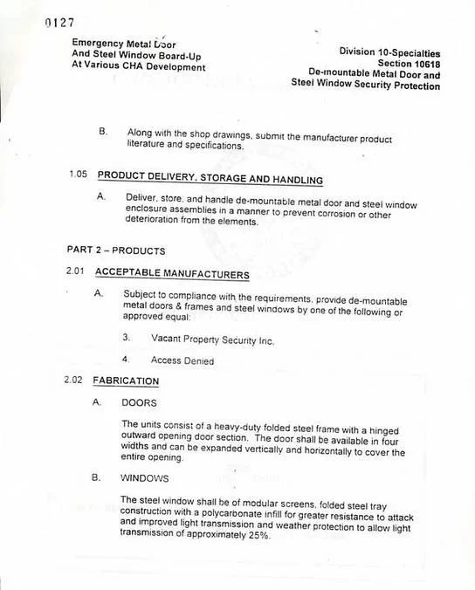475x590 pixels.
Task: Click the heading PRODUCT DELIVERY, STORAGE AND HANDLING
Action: tap(210, 179)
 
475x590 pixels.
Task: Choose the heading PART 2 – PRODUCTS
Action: tap(116, 250)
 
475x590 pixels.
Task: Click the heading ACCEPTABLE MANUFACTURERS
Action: tap(173, 275)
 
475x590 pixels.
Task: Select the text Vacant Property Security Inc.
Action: tap(212, 340)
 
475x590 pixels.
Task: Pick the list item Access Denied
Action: tap(183, 360)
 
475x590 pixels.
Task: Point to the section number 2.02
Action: tap(75, 381)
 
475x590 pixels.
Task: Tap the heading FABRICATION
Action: tap(127, 381)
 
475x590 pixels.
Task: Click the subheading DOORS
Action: tap(138, 403)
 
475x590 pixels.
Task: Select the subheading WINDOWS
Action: tap(146, 479)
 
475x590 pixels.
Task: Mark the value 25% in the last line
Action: tap(258, 536)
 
